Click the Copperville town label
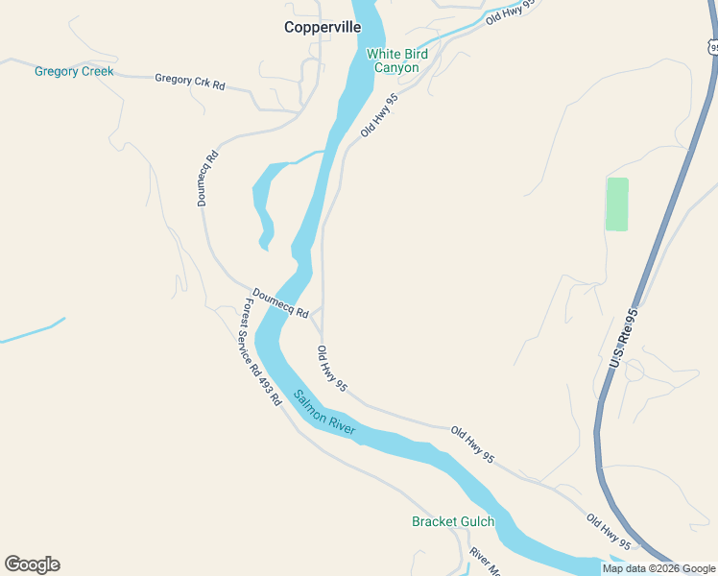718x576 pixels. pos(323,28)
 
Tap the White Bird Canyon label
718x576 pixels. pos(394,61)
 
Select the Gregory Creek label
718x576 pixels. pos(74,72)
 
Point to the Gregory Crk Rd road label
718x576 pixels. pos(189,83)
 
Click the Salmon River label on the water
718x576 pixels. pos(324,413)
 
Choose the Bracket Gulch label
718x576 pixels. pos(453,522)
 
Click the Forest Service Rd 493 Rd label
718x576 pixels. pos(261,351)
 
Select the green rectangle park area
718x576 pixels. pos(617,204)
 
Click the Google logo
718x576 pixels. pos(32,564)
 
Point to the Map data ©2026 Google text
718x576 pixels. pos(658,568)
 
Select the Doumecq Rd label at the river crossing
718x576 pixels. pos(280,304)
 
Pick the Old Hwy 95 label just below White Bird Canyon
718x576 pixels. pos(378,115)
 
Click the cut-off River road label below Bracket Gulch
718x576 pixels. pos(485,563)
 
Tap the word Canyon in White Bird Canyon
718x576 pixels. pos(396,68)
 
